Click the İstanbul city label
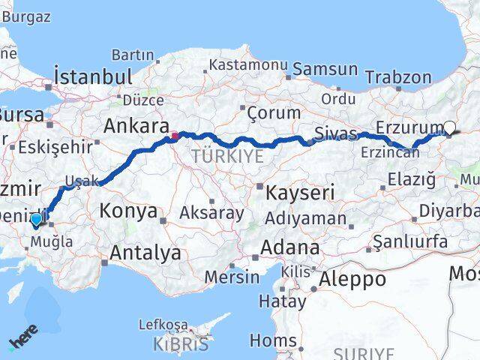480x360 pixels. point(93,76)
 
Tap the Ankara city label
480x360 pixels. point(135,125)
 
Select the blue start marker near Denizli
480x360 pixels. point(36,220)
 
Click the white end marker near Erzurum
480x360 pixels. point(449,127)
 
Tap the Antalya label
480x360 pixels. point(145,253)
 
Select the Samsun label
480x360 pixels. point(325,69)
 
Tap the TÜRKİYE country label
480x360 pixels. point(228,156)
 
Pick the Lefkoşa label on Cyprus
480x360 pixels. point(163,325)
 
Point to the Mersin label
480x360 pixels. point(232,277)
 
